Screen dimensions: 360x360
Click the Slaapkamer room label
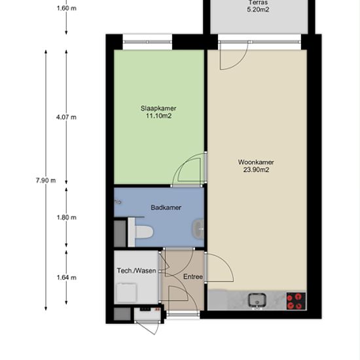click(158, 109)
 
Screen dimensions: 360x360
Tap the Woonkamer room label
click(256, 162)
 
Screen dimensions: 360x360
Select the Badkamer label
click(166, 207)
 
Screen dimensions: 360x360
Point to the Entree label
click(193, 277)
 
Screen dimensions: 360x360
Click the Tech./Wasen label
click(136, 271)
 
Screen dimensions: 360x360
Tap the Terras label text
click(258, 3)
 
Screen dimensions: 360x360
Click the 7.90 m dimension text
click(46, 181)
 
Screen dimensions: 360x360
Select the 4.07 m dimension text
click(66, 117)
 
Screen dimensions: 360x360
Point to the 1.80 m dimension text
click(67, 217)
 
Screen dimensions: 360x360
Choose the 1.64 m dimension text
click(67, 278)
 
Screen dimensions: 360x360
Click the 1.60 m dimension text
click(67, 9)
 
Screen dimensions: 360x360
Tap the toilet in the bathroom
click(141, 232)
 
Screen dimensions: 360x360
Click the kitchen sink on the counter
click(257, 300)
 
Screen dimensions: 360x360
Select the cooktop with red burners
click(296, 301)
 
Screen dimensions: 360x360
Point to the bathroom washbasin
click(198, 229)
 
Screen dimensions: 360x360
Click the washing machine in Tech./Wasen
click(127, 293)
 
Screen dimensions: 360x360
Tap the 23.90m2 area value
click(256, 170)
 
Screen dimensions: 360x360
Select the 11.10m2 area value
click(159, 116)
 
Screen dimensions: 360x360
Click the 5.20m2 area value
click(258, 10)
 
